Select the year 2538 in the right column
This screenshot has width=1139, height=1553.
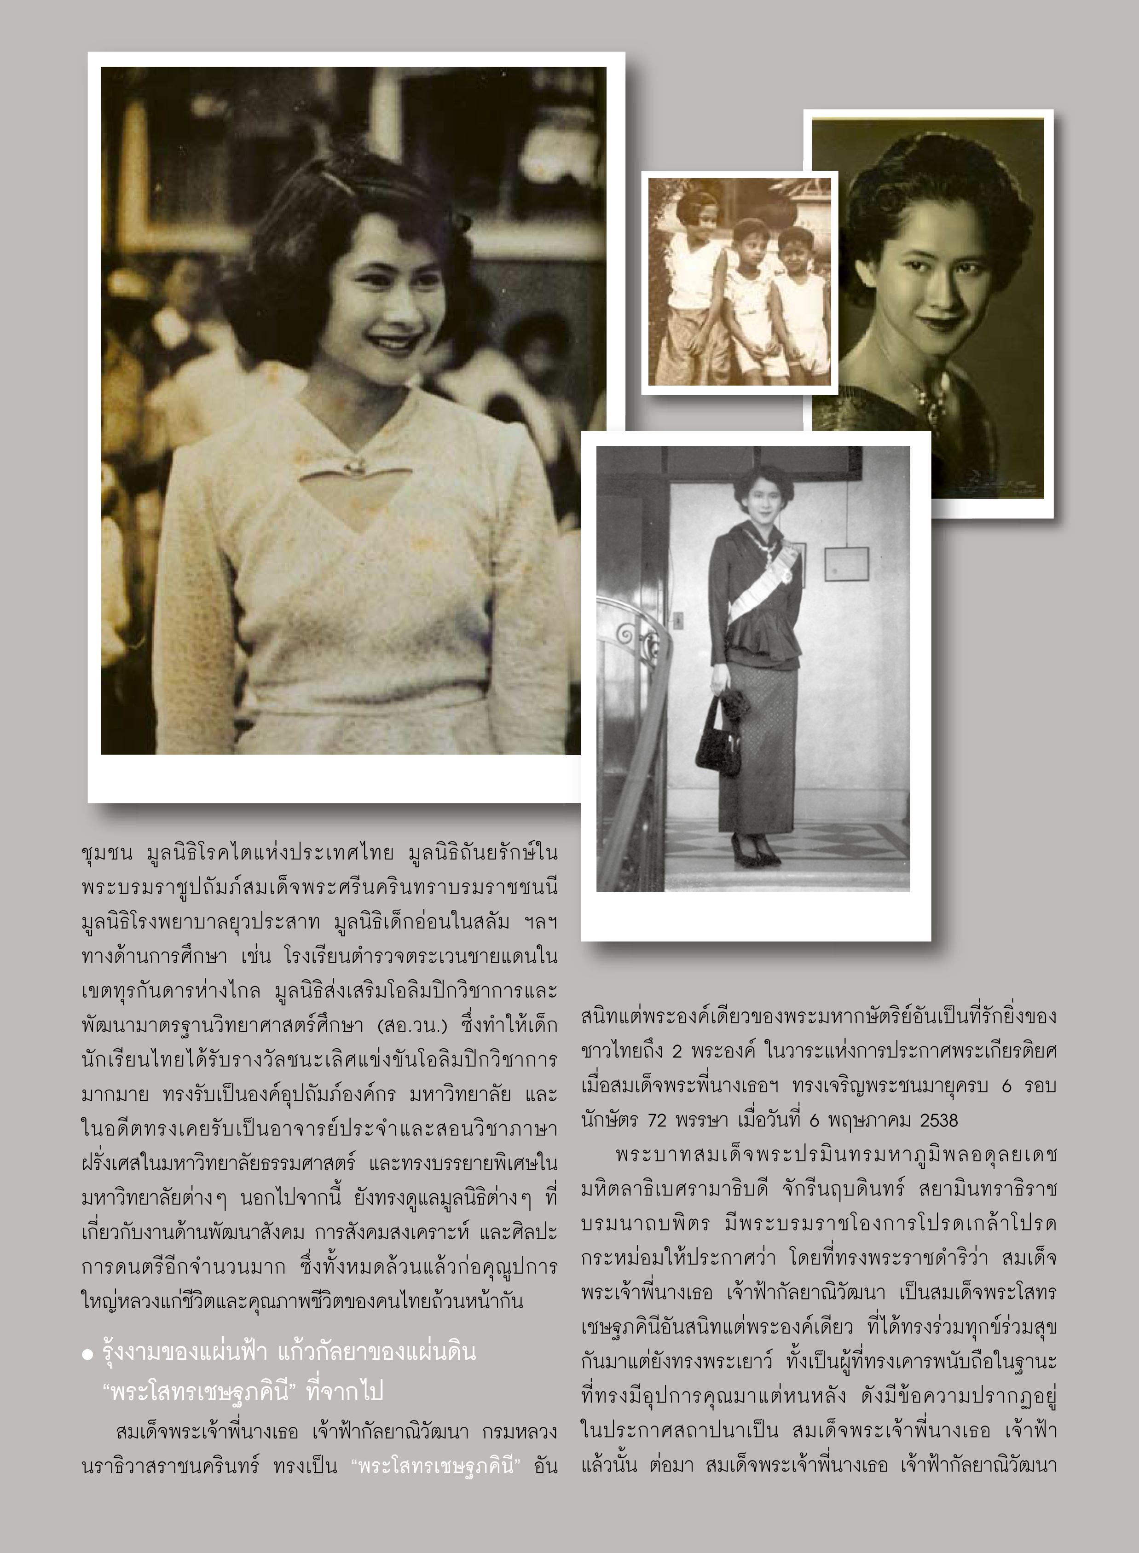point(938,1120)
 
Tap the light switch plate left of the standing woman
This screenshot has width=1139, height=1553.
point(678,619)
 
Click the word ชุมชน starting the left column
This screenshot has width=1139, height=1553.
point(106,854)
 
